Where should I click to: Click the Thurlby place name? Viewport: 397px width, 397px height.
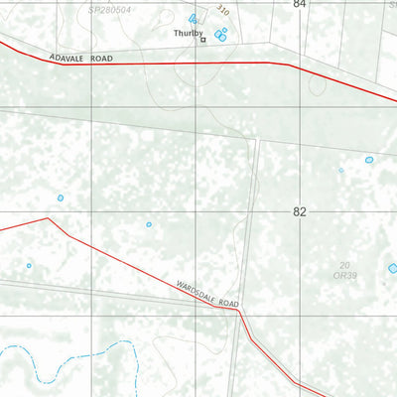[188, 32]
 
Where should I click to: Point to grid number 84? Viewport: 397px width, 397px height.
[300, 5]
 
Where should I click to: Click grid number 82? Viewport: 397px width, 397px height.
[300, 212]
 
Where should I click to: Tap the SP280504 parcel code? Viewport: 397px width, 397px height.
[109, 8]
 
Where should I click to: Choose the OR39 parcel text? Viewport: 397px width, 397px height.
[345, 275]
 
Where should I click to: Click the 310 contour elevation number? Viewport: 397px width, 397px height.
[222, 9]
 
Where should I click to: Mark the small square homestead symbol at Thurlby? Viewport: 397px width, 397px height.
[202, 41]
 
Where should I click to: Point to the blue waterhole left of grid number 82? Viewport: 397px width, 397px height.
[149, 224]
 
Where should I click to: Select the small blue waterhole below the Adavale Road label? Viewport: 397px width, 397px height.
[60, 198]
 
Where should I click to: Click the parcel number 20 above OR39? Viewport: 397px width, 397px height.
[344, 264]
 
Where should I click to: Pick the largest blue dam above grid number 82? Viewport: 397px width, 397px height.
[369, 160]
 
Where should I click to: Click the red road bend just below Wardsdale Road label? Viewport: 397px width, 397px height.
[238, 311]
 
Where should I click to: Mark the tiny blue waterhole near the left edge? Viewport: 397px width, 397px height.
[29, 265]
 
